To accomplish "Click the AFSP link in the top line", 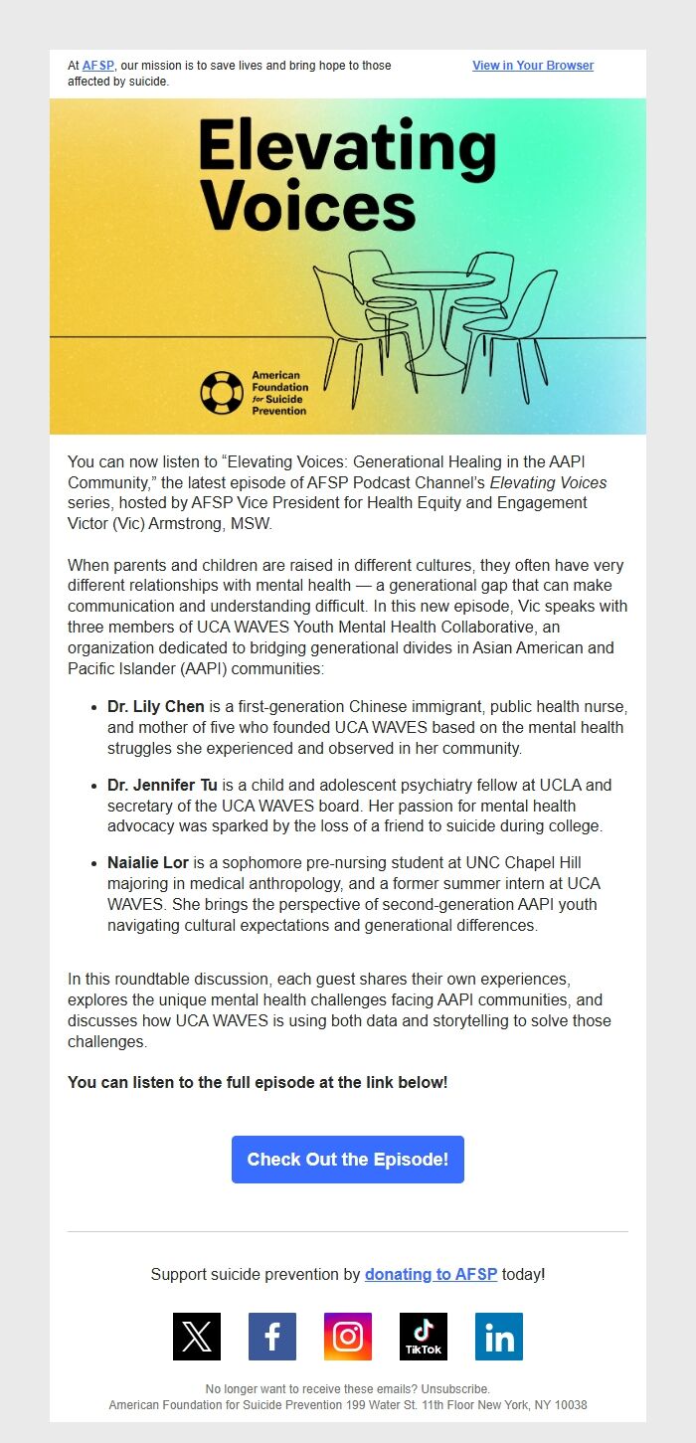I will (97, 66).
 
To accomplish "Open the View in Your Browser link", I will (533, 66).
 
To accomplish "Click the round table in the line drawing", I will (433, 281).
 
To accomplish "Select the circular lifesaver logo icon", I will (221, 393).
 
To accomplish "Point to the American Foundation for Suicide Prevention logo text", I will (279, 393).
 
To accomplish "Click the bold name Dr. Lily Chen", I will (156, 707).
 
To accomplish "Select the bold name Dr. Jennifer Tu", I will (162, 785).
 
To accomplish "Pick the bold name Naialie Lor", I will (150, 862).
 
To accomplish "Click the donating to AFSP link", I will (431, 1274).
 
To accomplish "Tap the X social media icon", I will (197, 1337).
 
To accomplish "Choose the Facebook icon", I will (272, 1337).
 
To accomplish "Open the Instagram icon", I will (348, 1337).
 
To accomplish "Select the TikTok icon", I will (424, 1337).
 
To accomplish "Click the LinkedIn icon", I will (499, 1337).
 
